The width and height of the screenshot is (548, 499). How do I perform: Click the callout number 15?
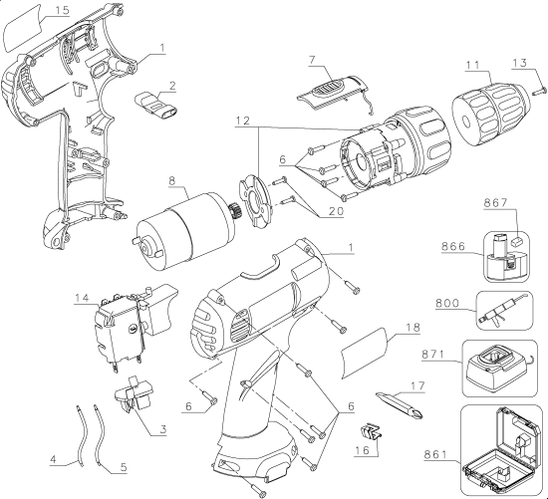click(x=33, y=10)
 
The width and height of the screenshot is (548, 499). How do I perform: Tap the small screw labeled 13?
click(x=537, y=89)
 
